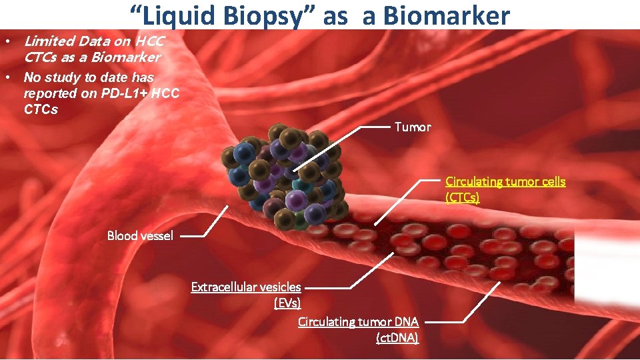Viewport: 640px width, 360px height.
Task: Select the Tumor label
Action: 413,127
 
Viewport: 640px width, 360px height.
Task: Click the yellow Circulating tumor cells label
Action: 505,181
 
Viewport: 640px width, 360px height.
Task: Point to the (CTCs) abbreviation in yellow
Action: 462,197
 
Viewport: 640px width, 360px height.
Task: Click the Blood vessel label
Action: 140,235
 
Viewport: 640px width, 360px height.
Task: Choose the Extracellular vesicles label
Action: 246,287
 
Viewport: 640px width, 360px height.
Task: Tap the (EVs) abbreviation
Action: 287,303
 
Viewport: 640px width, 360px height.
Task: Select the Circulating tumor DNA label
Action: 358,322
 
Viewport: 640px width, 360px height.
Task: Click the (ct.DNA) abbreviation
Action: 397,338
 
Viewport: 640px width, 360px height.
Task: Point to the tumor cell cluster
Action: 287,177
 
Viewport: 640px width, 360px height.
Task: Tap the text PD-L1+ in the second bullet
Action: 125,93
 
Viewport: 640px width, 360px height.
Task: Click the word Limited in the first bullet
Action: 49,41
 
